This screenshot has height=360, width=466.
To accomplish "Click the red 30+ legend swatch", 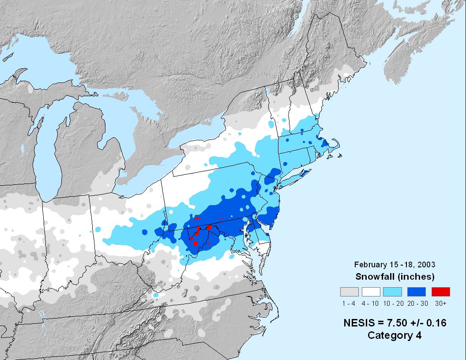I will (x=440, y=292).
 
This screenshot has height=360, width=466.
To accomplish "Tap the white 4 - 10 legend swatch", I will (x=371, y=292).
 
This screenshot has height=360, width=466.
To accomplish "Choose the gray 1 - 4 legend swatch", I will (x=348, y=292).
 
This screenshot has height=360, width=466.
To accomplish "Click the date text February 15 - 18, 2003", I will (x=395, y=265).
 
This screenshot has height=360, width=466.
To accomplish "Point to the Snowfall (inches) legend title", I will (x=395, y=277).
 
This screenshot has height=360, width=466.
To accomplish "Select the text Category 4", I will (x=395, y=335).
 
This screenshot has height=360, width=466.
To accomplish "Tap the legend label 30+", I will (x=440, y=303).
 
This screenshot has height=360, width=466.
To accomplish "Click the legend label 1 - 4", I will (x=348, y=303).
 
